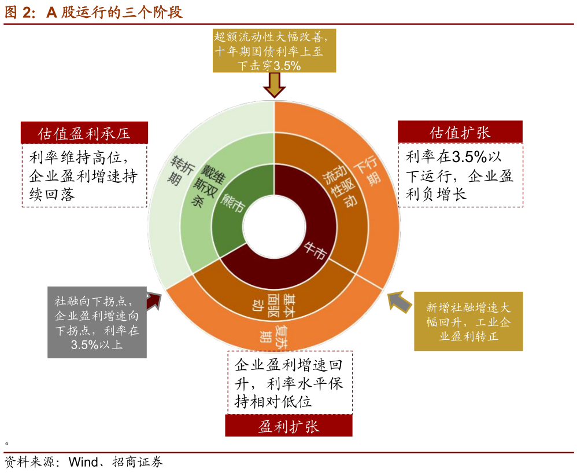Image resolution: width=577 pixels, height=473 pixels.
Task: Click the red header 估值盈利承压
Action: [x=84, y=133]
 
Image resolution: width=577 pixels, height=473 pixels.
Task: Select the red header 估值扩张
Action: [x=460, y=132]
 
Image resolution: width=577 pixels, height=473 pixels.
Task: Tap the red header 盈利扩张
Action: [x=288, y=427]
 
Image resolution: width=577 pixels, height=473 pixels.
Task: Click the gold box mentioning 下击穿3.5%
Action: [x=274, y=52]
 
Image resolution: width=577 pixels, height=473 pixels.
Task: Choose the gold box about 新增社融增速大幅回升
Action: [x=468, y=321]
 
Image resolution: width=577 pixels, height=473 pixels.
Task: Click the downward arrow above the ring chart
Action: [x=274, y=86]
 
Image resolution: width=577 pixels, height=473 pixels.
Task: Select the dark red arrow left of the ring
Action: [x=154, y=302]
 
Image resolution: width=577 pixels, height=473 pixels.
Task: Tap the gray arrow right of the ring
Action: [x=397, y=300]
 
